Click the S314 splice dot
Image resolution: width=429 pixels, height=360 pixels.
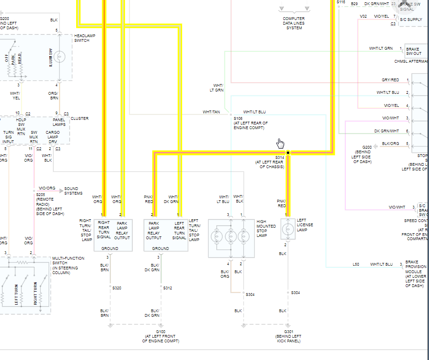(x=288, y=152)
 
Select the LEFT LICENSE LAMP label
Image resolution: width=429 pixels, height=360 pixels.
(x=305, y=225)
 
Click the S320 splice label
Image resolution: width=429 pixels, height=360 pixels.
(x=117, y=288)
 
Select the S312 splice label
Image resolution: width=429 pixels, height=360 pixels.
(x=168, y=288)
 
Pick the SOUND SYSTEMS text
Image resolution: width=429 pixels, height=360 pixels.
(x=73, y=191)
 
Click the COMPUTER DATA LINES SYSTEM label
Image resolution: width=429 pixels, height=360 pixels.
(x=294, y=23)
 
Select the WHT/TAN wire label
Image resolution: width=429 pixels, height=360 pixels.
(x=211, y=112)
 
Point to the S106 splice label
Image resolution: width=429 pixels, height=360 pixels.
(x=238, y=118)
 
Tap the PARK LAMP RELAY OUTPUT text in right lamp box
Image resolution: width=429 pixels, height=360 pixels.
(x=122, y=230)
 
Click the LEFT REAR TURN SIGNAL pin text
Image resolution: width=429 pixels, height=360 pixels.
(x=179, y=230)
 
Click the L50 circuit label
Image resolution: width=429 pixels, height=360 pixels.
(x=356, y=264)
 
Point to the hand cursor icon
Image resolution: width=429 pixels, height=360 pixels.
(x=280, y=143)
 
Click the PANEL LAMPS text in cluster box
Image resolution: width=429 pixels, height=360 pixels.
(x=59, y=122)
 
